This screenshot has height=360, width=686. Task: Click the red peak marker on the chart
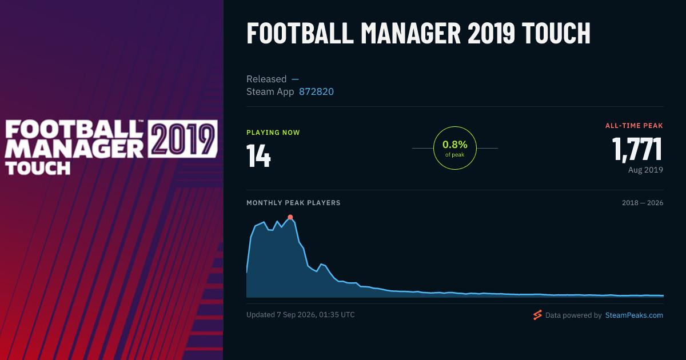click(x=290, y=217)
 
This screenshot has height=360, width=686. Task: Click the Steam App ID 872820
click(x=316, y=91)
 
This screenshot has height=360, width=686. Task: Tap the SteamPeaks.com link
click(x=634, y=315)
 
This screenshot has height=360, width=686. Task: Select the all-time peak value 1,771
click(x=637, y=149)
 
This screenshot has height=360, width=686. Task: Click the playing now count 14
click(x=259, y=155)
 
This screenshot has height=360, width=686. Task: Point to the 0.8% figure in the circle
click(x=455, y=144)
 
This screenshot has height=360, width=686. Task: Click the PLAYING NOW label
click(x=273, y=133)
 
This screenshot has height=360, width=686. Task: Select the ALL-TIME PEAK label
click(x=634, y=126)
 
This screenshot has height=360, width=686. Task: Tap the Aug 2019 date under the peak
click(x=645, y=170)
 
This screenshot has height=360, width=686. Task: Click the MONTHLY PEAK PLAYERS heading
click(x=293, y=203)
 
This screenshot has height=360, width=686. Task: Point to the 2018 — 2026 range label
click(x=643, y=203)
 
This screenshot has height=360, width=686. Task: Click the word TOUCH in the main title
click(x=556, y=33)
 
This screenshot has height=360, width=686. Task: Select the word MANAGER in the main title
click(x=410, y=33)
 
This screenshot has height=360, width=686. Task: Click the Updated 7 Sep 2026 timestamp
click(x=301, y=315)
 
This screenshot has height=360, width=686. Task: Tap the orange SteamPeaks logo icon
click(x=537, y=315)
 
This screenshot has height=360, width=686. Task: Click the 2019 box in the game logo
click(x=182, y=139)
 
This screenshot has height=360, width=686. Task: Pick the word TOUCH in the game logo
click(x=38, y=168)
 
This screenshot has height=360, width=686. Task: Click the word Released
click(x=266, y=79)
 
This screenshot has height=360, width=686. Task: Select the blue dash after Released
click(x=295, y=79)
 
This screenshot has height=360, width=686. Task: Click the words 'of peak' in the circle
click(x=455, y=155)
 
